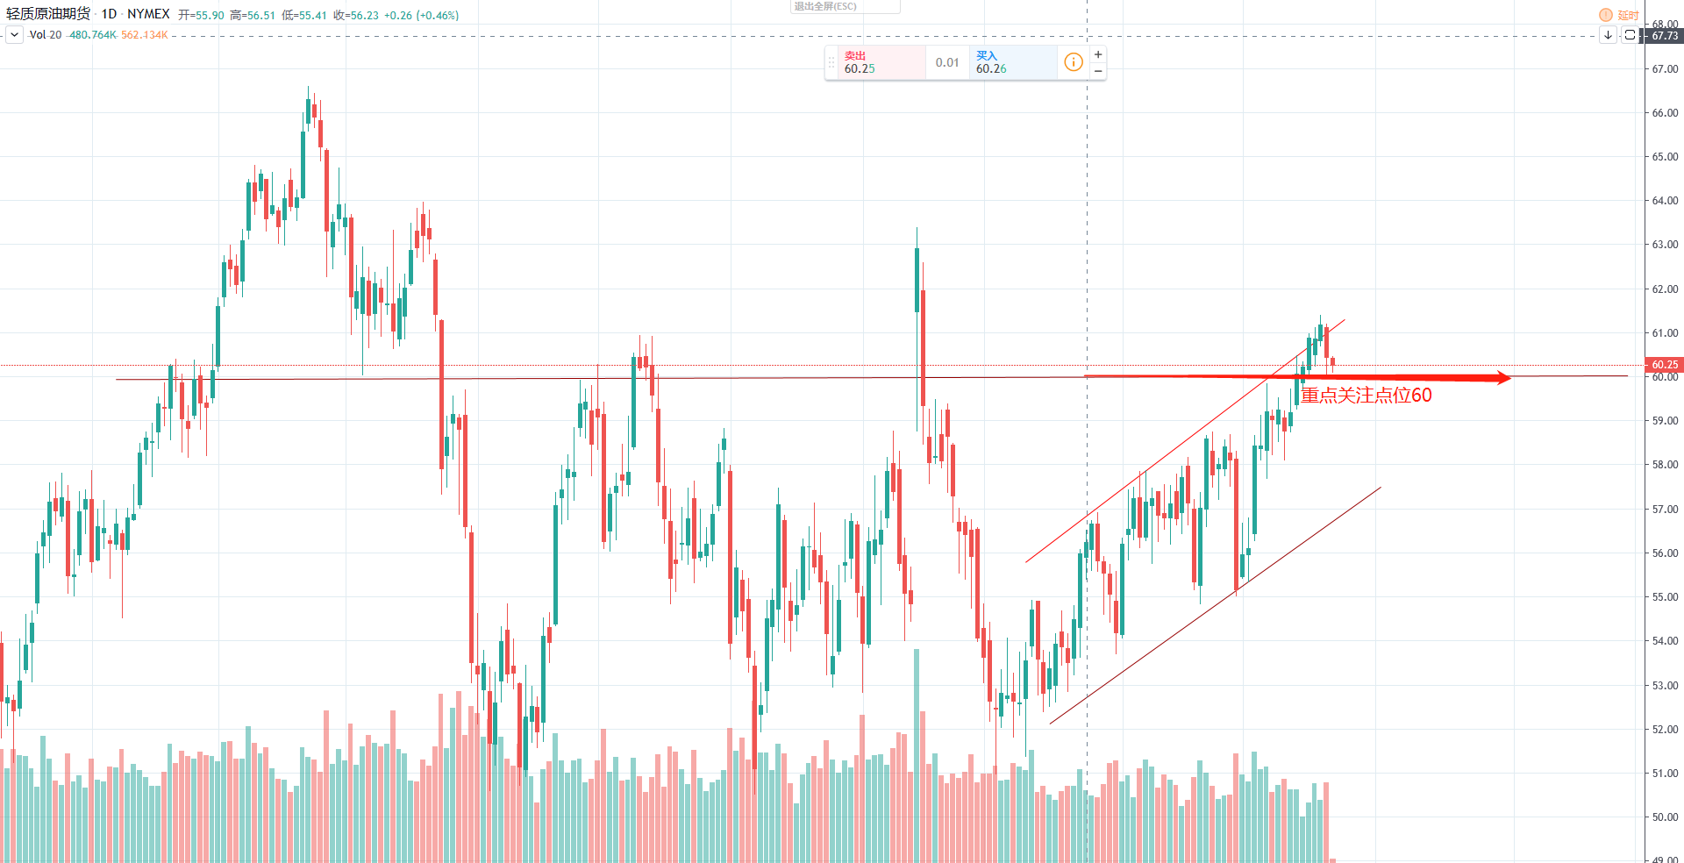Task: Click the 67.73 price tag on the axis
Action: (1664, 36)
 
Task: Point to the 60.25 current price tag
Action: (1664, 365)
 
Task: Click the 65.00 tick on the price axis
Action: (1664, 157)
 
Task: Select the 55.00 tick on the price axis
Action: (1664, 597)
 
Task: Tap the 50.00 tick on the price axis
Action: (1664, 817)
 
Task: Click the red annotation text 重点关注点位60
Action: (1366, 396)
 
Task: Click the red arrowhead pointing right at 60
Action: (1503, 378)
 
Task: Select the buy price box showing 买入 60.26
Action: (1012, 62)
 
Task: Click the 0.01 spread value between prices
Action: (947, 62)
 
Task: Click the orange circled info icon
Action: (1073, 62)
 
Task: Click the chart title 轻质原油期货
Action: (48, 14)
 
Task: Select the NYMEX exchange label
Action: (148, 14)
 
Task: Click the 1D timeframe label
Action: (109, 14)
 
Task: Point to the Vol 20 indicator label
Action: (45, 35)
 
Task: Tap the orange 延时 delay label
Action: (1628, 15)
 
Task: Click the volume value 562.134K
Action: (144, 35)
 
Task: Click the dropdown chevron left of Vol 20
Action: (14, 35)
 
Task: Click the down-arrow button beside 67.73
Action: (1608, 35)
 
